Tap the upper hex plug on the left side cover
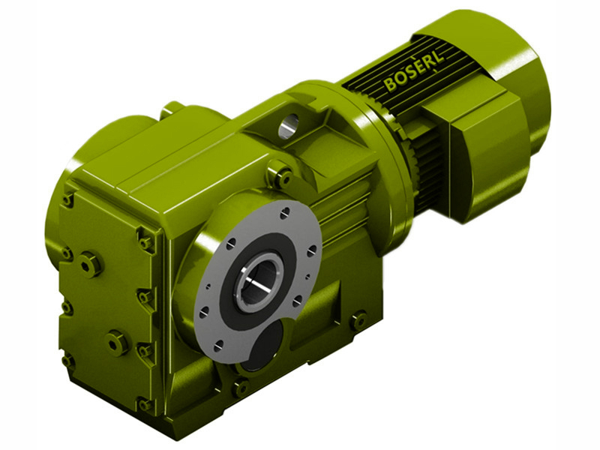click(x=90, y=263)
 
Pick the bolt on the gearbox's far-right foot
click(x=359, y=319)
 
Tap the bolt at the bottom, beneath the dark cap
click(x=241, y=388)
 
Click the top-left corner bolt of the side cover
click(x=68, y=199)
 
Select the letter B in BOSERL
click(x=390, y=85)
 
